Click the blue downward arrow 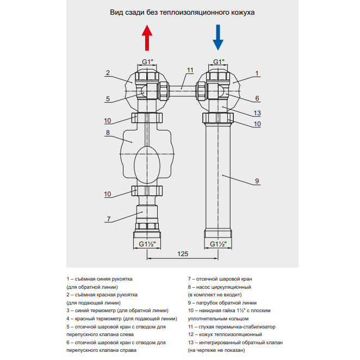coord(218,38)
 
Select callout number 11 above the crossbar coord(190,71)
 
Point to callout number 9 coord(257,181)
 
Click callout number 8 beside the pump coord(108,132)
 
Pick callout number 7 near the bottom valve coord(108,219)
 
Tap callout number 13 coord(257,113)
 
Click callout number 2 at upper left coord(108,73)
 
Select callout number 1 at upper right coord(257,73)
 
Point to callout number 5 coord(108,99)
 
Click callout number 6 coord(257,98)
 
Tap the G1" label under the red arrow coord(147,61)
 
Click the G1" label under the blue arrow coord(219,61)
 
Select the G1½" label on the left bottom coord(147,243)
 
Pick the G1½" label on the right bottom coord(219,243)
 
